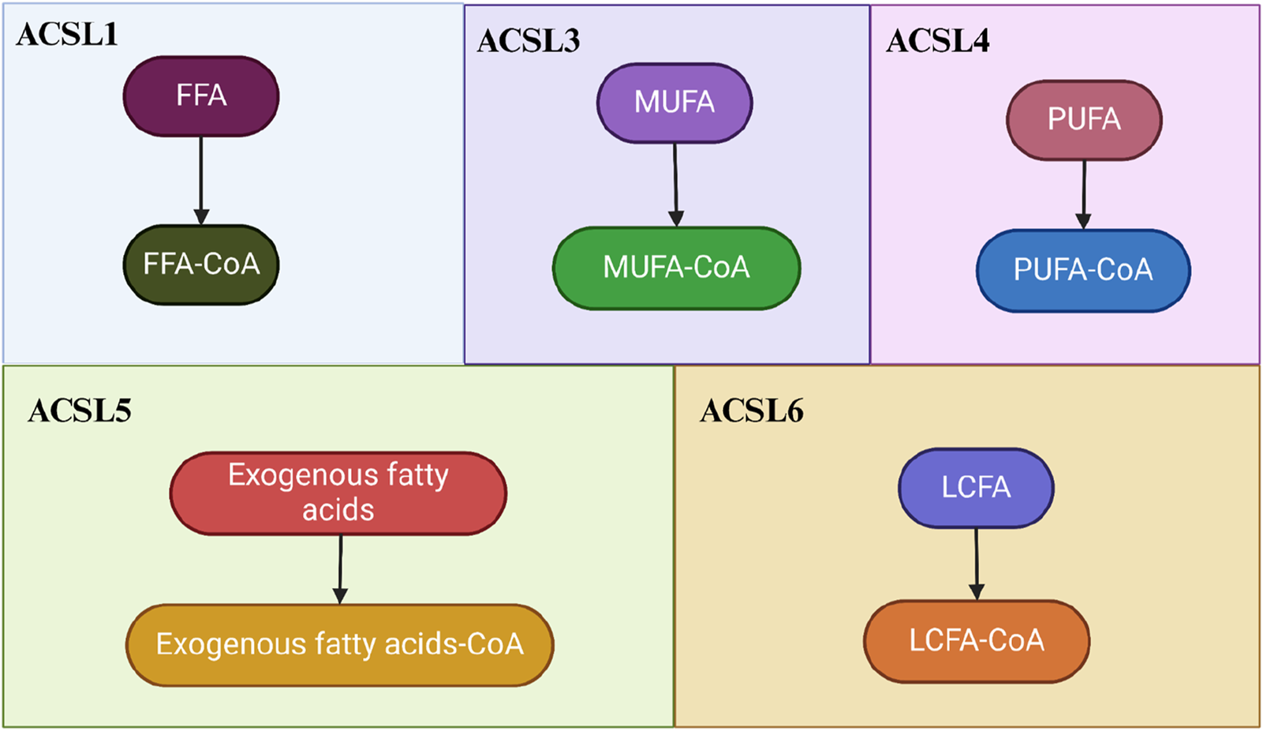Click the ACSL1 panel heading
67,35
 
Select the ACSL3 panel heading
528,41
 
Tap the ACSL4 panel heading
937,41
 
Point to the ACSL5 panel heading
79,411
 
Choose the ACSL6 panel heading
751,411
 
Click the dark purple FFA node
201,96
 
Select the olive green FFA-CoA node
201,264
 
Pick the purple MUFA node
674,103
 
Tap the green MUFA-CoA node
676,268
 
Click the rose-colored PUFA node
1084,120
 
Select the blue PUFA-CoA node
1083,271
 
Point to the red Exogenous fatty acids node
338,493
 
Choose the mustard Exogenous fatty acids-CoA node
339,645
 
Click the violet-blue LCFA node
976,488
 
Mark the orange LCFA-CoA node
977,641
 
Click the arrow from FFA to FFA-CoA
201,180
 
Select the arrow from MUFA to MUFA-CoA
675,185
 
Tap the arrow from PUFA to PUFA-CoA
1084,194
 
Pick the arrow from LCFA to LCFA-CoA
977,564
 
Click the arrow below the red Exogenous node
341,568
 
